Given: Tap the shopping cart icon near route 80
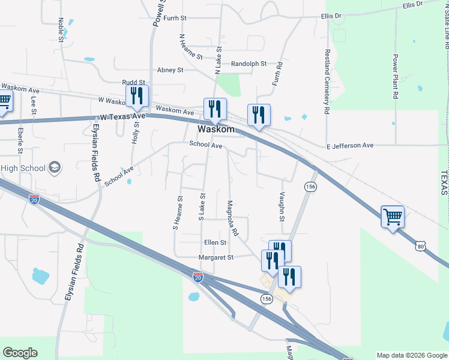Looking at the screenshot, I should click(x=393, y=217).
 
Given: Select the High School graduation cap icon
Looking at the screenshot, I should click(x=55, y=167).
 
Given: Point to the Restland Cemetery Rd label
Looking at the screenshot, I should click(x=327, y=82).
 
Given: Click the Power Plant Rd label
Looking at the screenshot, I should click(x=396, y=77).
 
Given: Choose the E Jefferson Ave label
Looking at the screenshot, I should click(x=350, y=146).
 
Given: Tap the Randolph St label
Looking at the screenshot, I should click(x=249, y=64).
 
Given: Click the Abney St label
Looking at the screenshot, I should click(x=170, y=70).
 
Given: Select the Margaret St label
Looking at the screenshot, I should click(x=216, y=257).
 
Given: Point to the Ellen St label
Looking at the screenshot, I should click(x=215, y=243).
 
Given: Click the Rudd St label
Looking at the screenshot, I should click(x=133, y=82).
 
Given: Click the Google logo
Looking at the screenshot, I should click(x=20, y=353).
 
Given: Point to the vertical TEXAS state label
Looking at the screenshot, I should click(x=444, y=182).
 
